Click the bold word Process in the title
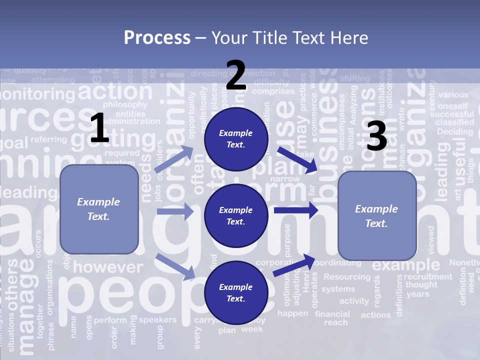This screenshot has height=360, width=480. [157, 37]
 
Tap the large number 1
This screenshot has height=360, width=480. [99, 129]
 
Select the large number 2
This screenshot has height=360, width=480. [236, 75]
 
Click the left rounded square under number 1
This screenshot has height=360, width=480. [99, 209]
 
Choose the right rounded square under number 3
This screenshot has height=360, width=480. [377, 215]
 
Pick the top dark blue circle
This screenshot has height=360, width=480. [236, 138]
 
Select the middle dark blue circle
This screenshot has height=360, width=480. [236, 215]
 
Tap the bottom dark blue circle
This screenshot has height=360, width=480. [236, 292]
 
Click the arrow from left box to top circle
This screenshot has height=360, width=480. [174, 159]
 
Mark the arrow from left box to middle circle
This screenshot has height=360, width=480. [174, 211]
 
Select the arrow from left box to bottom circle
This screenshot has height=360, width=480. [175, 266]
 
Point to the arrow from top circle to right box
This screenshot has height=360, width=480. [297, 159]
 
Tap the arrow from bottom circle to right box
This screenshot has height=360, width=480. [294, 264]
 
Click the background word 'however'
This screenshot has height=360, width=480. [108, 267]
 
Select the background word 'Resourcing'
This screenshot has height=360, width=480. [347, 276]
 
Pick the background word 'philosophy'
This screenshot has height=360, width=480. [125, 104]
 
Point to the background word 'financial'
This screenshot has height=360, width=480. [332, 314]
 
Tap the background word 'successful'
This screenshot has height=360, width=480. [451, 114]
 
